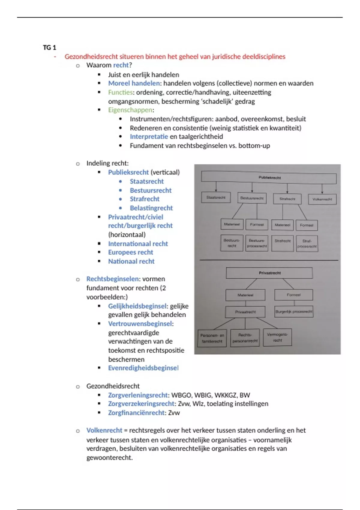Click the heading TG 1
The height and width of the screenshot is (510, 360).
coord(49,47)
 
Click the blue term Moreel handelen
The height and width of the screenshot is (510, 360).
coord(134,83)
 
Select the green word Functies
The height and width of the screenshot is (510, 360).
coord(120,92)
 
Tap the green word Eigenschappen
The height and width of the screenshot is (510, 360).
coord(130,110)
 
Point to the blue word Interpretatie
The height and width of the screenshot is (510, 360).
coord(149,136)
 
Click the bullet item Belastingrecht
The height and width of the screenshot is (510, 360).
coord(151,208)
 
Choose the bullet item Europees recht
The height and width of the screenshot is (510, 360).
coord(130,252)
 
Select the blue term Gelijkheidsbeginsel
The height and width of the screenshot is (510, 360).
coord(137,306)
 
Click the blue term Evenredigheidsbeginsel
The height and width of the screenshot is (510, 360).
coord(143,368)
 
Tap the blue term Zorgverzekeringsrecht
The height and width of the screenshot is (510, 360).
coord(141,403)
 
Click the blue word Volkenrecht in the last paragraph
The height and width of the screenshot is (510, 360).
coord(104,430)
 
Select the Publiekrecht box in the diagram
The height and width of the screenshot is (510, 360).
coord(269,178)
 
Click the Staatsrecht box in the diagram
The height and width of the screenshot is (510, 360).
coord(216,198)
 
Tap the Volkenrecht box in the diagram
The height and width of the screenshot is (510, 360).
coord(322,199)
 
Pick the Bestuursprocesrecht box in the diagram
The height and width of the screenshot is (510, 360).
coord(257,243)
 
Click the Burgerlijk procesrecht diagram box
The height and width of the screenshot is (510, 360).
coord(294,311)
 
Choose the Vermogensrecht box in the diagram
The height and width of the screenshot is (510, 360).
coord(277,337)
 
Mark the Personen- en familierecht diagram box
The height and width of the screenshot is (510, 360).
coord(212,338)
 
